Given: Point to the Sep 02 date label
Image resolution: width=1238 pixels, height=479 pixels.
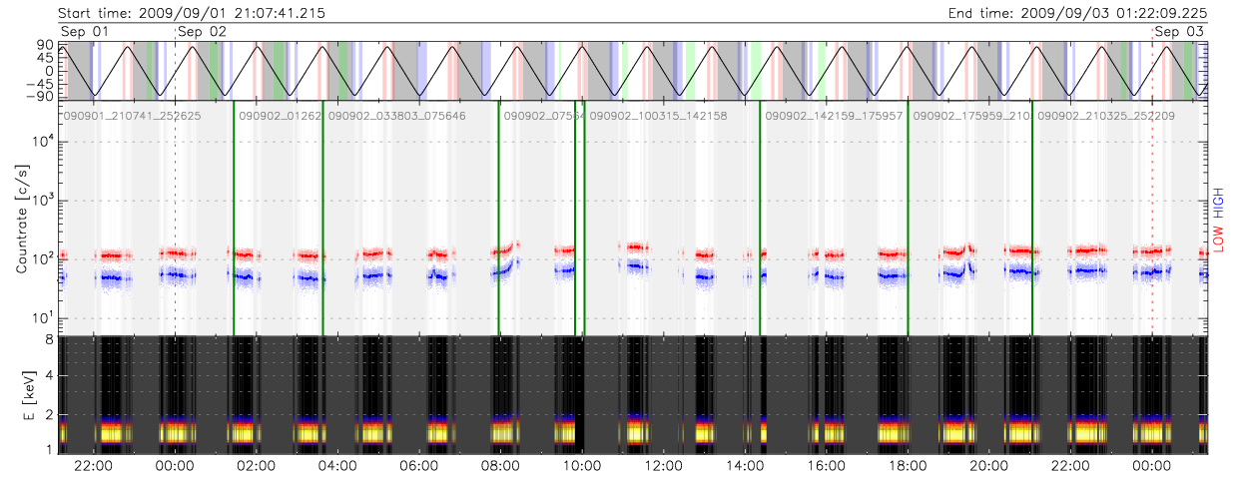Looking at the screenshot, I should (202, 32).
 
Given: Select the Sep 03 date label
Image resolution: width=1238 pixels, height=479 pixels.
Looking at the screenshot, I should (1178, 32).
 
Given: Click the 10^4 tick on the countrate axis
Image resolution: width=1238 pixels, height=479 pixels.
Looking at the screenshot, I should (43, 142).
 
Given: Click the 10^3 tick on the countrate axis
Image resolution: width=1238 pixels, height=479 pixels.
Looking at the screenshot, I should (43, 201).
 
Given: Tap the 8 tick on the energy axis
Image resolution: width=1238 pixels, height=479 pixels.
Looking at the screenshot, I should (49, 341).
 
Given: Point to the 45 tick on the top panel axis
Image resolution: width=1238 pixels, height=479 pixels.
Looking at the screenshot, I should (46, 57).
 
